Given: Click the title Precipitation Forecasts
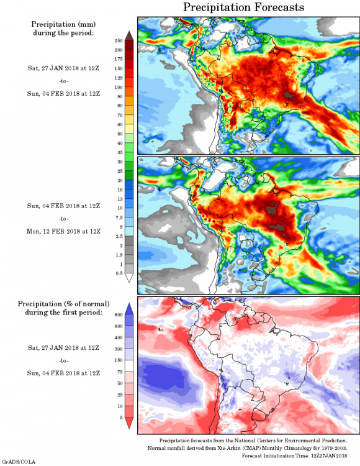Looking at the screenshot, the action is pyautogui.click(x=243, y=7).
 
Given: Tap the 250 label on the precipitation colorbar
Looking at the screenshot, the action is pyautogui.click(x=119, y=41).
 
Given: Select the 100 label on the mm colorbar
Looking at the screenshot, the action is pyautogui.click(x=119, y=87).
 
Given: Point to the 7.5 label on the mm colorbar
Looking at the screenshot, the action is pyautogui.click(x=119, y=217).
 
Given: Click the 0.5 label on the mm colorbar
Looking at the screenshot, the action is pyautogui.click(x=119, y=273).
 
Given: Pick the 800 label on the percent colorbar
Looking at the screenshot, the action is pyautogui.click(x=119, y=315).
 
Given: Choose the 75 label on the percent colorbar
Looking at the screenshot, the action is pyautogui.click(x=120, y=372).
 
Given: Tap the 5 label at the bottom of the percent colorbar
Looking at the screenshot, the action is pyautogui.click(x=121, y=418).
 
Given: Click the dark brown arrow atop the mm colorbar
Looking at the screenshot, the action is pyautogui.click(x=129, y=35).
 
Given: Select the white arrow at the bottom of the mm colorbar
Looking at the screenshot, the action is pyautogui.click(x=129, y=278).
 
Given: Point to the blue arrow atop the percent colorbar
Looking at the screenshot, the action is pyautogui.click(x=129, y=309).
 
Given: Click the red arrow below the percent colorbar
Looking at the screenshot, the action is pyautogui.click(x=129, y=423).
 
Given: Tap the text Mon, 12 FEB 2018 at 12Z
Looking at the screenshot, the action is pyautogui.click(x=63, y=231).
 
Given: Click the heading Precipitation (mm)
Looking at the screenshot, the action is pyautogui.click(x=63, y=24).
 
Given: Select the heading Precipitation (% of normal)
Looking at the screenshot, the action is pyautogui.click(x=63, y=304).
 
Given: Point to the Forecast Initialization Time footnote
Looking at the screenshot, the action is pyautogui.click(x=294, y=455).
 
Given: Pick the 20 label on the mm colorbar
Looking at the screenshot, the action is pyautogui.click(x=120, y=180).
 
